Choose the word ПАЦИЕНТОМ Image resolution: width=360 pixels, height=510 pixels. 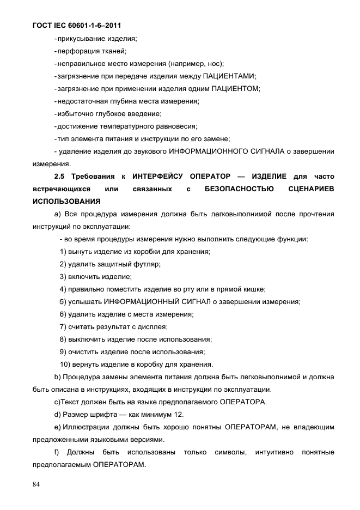coord(236,88)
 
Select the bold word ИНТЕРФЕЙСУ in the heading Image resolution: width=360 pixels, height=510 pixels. coord(158,176)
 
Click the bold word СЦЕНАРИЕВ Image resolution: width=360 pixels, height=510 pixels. coord(311,189)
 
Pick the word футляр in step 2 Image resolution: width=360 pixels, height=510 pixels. coord(147,264)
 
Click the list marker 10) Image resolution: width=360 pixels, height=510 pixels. coord(65,364)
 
